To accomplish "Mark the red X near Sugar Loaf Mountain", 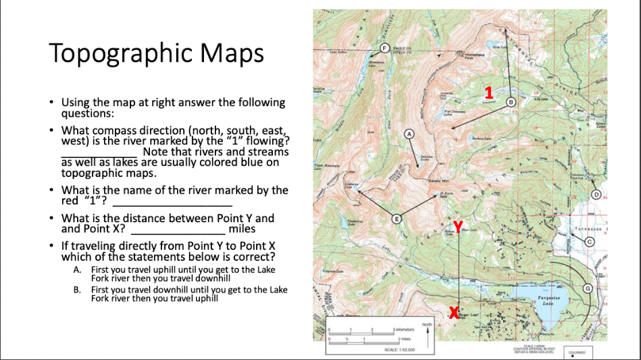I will tap(453, 312).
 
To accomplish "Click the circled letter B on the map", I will tap(511, 101).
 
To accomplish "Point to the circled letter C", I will tap(588, 241).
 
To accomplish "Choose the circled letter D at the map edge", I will tap(596, 195).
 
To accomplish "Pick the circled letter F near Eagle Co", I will tap(386, 47).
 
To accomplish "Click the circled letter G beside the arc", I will tap(587, 288).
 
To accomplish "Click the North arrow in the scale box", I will tap(426, 331).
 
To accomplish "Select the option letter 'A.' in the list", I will tap(77, 269).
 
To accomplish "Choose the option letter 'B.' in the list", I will tap(77, 290).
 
